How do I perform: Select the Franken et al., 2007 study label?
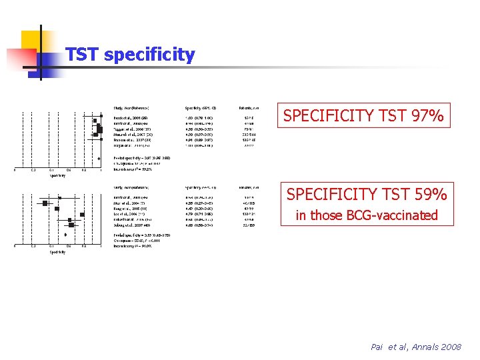point(128,141)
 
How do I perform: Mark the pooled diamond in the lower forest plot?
point(65,235)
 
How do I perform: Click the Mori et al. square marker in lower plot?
point(45,203)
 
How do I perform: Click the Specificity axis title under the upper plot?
point(57,175)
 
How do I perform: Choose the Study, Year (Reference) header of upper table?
point(131,108)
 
